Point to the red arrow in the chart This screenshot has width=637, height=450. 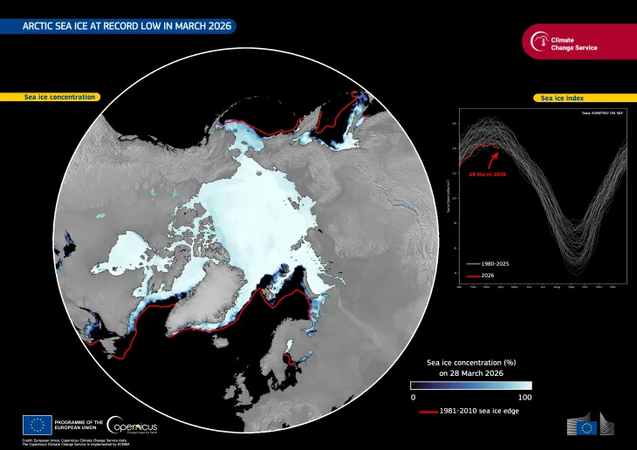click(494, 159)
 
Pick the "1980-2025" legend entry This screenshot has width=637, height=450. click(497, 262)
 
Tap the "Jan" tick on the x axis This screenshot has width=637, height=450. click(459, 287)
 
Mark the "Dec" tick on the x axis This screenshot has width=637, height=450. click(613, 287)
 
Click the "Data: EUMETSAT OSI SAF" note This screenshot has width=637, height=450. click(603, 114)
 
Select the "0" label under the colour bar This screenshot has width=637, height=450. click(413, 398)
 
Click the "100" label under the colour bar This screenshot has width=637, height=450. click(524, 398)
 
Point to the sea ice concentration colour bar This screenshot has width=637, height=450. click(471, 385)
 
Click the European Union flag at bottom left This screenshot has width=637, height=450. click(36, 426)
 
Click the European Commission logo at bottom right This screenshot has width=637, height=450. click(592, 426)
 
